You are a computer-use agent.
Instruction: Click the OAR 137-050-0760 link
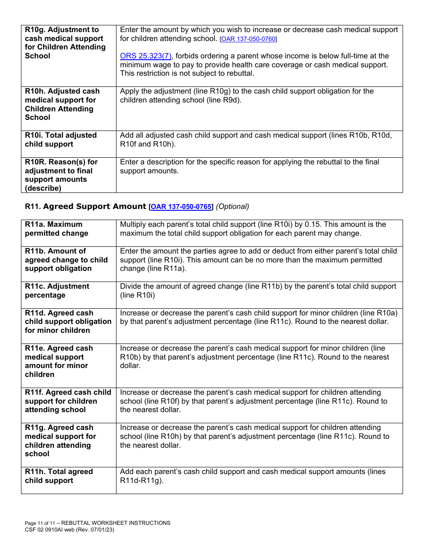tap(249, 39)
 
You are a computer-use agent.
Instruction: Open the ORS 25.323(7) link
tap(145, 56)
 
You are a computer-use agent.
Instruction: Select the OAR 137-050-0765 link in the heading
tap(182, 207)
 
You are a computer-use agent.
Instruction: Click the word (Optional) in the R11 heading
tap(233, 207)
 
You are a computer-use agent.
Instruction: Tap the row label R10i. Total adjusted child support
tap(61, 140)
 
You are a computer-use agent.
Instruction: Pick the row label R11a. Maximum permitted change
tap(57, 229)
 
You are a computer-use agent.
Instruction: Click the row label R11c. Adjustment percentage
tap(57, 291)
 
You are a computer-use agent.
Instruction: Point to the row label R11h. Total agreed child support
tap(59, 476)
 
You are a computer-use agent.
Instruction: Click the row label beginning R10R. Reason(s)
tap(61, 175)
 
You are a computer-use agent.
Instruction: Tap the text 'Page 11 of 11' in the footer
tap(41, 523)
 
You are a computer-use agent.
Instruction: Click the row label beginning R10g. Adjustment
tap(65, 43)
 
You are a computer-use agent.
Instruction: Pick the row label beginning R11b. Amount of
tap(66, 260)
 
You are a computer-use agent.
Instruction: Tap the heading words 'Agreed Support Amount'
tap(95, 207)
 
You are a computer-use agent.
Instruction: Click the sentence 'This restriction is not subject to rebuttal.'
tap(187, 74)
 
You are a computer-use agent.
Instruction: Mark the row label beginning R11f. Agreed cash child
tap(68, 401)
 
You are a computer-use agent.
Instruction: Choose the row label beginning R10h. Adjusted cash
tap(62, 104)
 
